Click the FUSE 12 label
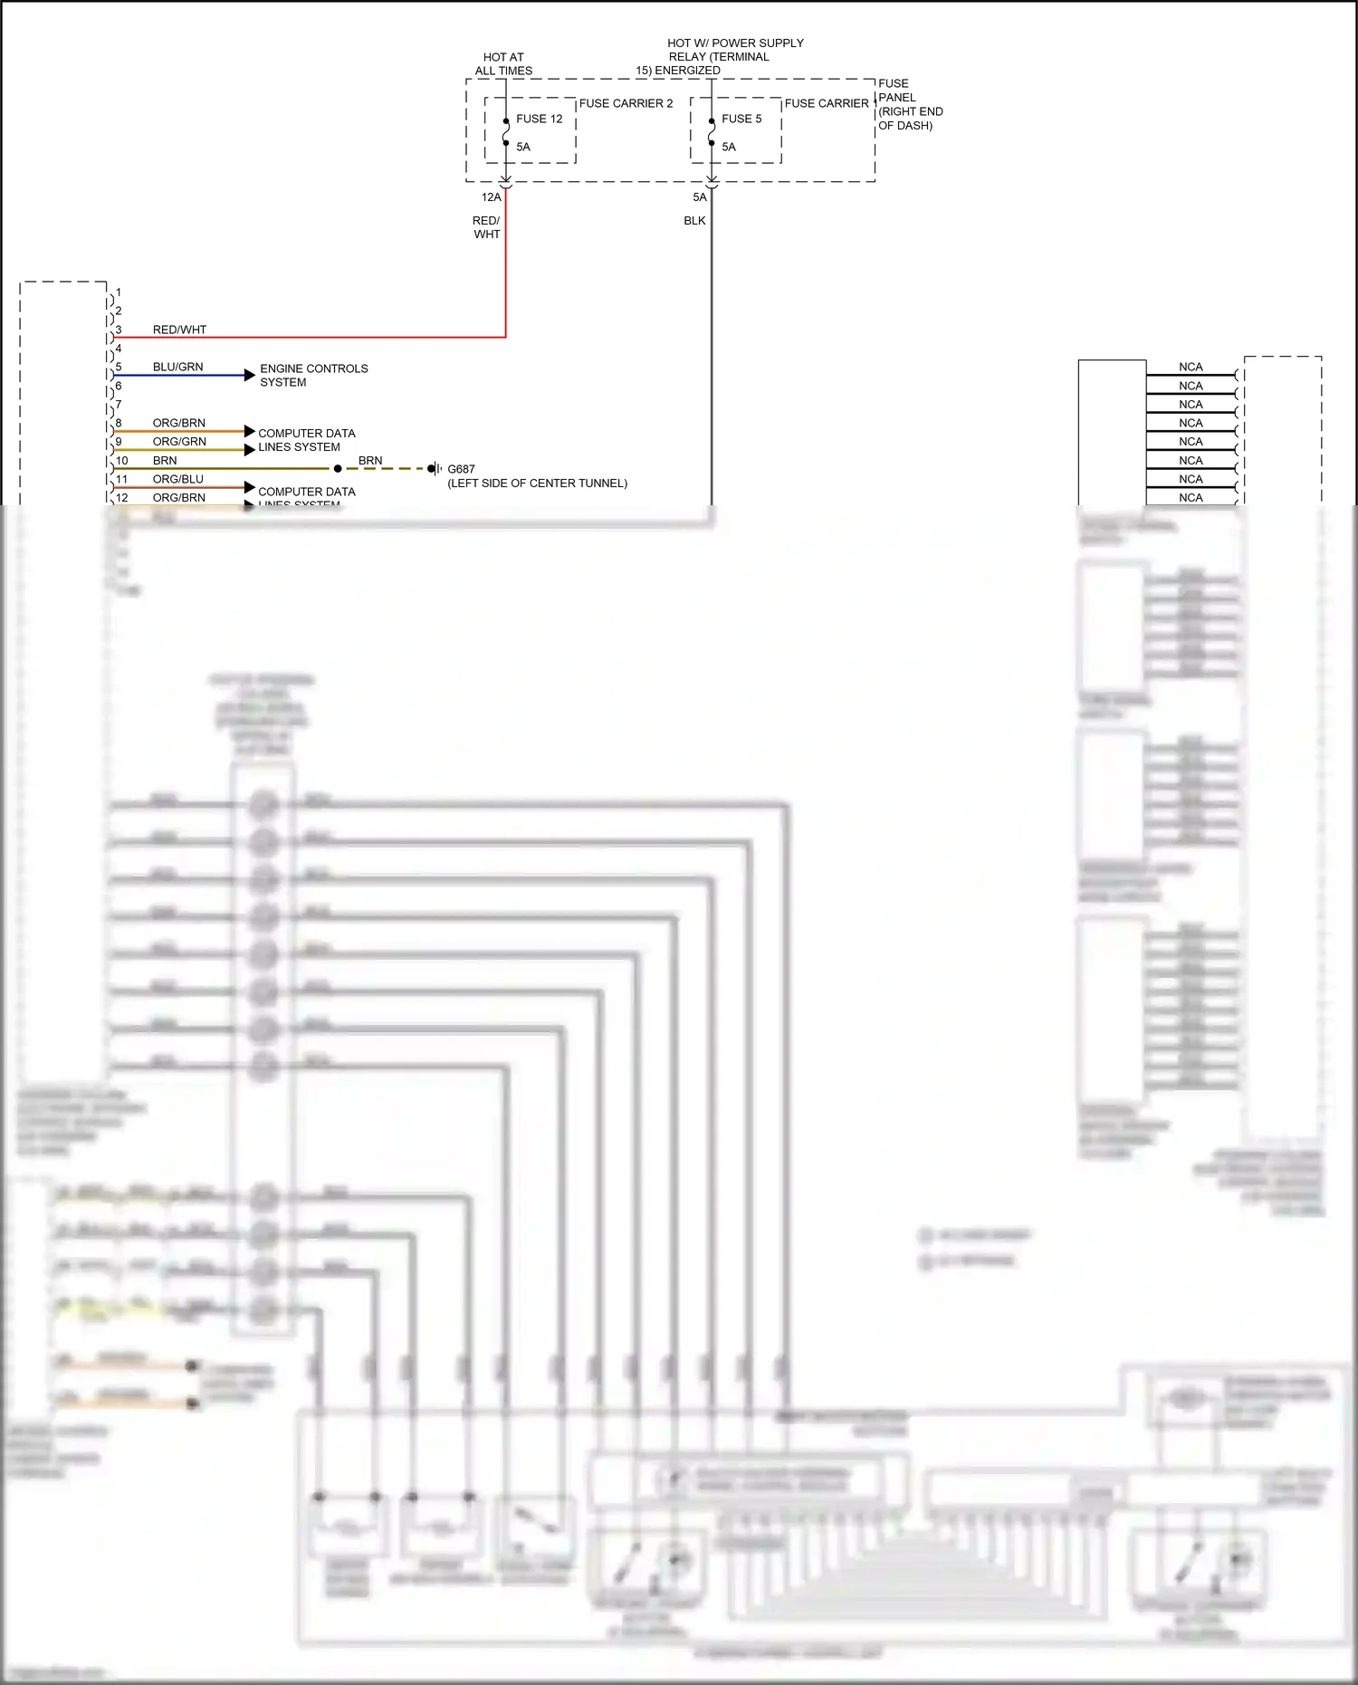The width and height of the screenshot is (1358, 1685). click(x=539, y=119)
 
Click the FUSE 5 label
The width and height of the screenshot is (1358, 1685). click(x=741, y=119)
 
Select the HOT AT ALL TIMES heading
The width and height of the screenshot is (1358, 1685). click(x=503, y=63)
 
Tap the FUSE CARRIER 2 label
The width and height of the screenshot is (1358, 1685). click(x=626, y=103)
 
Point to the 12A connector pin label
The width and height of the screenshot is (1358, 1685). click(x=491, y=197)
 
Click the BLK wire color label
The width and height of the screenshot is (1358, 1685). click(x=694, y=221)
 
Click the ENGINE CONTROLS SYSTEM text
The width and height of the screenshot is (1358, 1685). click(x=313, y=375)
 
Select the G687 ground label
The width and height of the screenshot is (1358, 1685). click(x=461, y=469)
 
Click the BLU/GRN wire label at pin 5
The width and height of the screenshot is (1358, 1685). click(x=177, y=367)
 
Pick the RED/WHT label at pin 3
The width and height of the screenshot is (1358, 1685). click(x=179, y=330)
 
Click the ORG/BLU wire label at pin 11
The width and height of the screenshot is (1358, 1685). click(x=177, y=479)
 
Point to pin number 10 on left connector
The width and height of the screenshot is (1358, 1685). click(x=122, y=461)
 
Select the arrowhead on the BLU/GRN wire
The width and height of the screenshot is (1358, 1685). click(x=250, y=375)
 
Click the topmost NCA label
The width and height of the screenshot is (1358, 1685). click(x=1191, y=367)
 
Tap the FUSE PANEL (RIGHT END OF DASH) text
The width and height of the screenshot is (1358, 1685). click(x=909, y=104)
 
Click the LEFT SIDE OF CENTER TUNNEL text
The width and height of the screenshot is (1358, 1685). click(x=537, y=483)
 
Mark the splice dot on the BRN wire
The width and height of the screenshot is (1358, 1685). click(x=338, y=469)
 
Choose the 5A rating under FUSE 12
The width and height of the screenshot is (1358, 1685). click(x=523, y=147)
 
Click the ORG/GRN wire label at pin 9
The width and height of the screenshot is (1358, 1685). click(x=179, y=442)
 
